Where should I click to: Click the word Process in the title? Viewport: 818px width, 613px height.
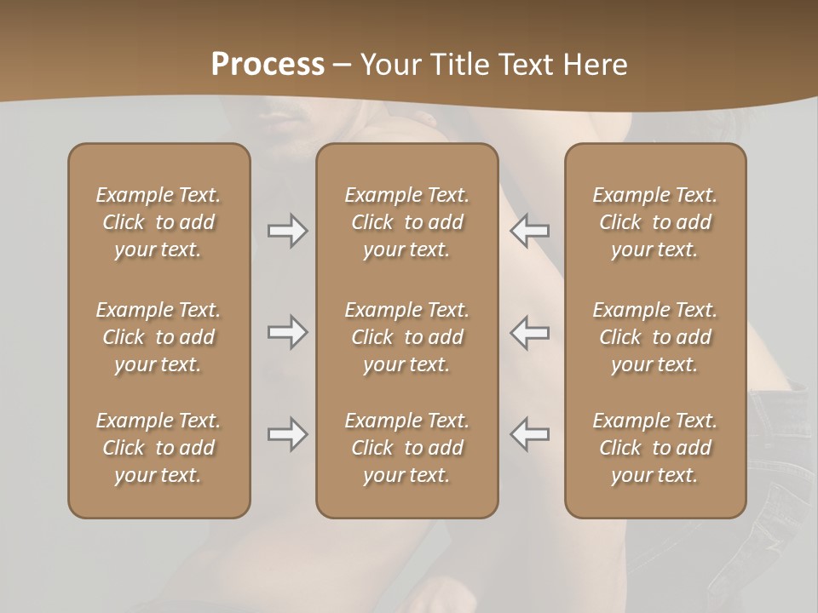[268, 65]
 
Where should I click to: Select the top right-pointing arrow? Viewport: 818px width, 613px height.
[287, 231]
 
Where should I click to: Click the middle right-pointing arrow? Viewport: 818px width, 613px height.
[287, 332]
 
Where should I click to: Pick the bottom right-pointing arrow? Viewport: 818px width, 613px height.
[287, 434]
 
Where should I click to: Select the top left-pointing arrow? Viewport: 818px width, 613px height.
[529, 231]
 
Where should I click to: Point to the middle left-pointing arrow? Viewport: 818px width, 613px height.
[529, 332]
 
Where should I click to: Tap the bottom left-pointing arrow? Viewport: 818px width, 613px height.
[529, 434]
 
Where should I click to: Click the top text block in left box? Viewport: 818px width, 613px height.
[158, 222]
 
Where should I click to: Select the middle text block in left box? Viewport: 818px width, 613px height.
[158, 337]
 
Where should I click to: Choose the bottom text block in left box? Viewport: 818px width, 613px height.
[158, 448]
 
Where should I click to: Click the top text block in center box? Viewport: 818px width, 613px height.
[406, 222]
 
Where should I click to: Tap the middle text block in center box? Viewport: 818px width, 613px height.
[406, 337]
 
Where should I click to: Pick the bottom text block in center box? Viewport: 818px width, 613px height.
[406, 448]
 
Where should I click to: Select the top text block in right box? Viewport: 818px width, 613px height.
[654, 222]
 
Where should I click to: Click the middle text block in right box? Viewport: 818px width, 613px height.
[654, 337]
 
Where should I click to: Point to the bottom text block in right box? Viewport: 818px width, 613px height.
[654, 448]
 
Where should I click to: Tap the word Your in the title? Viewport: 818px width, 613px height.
[389, 65]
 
